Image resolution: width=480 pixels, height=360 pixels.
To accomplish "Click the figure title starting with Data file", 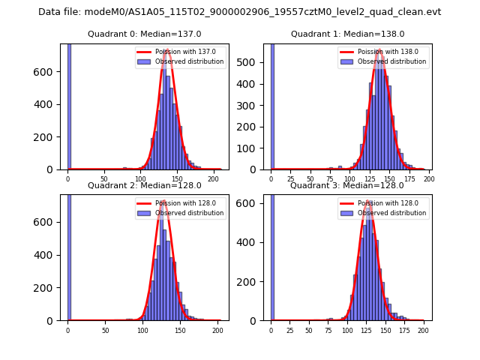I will click(239, 12).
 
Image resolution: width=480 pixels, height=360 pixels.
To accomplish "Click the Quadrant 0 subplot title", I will click(144, 34).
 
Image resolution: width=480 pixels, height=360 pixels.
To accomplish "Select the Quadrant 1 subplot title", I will click(347, 34).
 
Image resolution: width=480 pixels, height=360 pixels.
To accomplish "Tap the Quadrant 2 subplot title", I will click(144, 185).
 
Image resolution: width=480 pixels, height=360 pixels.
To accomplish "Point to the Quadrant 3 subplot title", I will click(347, 185).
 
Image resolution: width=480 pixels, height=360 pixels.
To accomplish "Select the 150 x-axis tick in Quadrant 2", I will click(180, 330).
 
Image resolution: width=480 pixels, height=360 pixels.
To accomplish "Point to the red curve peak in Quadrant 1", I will click(380, 50).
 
